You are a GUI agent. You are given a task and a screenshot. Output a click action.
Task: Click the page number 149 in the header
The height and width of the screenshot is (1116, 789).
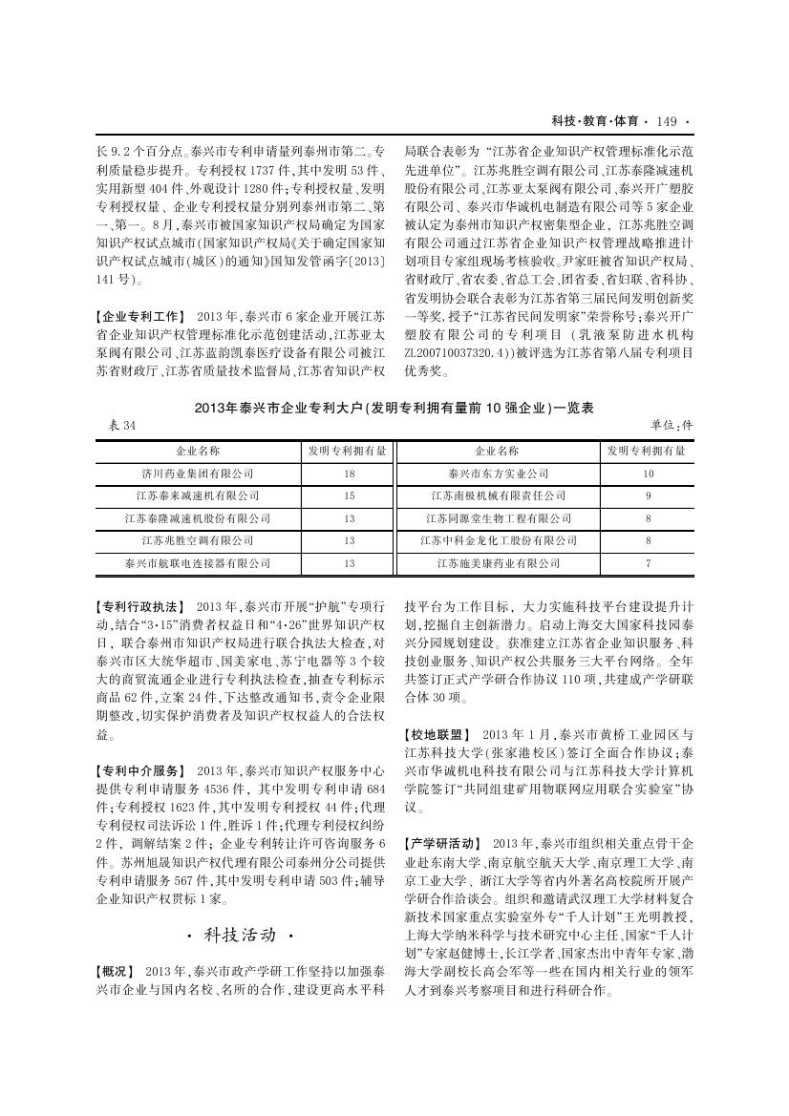pos(667,121)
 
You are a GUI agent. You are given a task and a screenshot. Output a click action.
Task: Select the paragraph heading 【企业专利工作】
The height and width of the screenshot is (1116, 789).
pos(142,315)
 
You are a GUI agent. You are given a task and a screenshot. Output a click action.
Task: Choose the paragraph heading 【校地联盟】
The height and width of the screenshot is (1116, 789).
pos(438,734)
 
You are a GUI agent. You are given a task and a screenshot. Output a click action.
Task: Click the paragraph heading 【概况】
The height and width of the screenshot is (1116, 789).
pos(117,971)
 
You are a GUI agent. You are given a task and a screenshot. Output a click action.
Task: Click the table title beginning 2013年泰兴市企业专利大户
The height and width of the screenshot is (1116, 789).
pos(394,408)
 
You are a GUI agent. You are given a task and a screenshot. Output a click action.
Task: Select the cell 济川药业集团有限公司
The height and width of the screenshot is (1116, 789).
pos(198,474)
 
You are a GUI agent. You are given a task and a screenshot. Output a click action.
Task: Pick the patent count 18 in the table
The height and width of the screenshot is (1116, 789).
pos(349,474)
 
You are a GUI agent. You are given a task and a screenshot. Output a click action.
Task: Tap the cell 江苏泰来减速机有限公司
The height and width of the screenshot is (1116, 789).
pos(198,496)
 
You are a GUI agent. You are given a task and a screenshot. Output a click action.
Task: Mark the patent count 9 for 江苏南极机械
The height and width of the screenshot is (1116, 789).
pos(649,496)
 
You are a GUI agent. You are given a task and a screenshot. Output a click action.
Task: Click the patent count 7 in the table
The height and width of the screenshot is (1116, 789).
pos(649,564)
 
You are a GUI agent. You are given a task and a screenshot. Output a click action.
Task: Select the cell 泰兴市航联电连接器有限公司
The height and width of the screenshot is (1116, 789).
pos(198,564)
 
